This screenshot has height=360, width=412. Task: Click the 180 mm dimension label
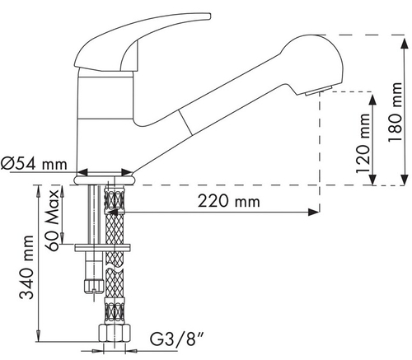pos(396,112)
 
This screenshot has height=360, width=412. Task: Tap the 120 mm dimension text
pos(363,143)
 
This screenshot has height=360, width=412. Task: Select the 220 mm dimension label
pos(229,201)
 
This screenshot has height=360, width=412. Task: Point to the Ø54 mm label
pos(34,164)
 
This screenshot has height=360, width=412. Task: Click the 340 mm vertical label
pos(26,267)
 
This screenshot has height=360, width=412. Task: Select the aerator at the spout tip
pos(319,91)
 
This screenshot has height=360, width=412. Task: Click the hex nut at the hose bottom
pos(115,334)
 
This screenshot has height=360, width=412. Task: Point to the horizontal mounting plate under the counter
pos(102,247)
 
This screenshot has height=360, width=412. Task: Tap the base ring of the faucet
pos(105,180)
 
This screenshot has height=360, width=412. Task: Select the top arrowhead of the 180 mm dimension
pos(405,44)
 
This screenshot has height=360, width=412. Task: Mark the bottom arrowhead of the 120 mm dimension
pos(372,179)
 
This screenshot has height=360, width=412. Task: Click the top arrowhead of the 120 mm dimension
pos(372,100)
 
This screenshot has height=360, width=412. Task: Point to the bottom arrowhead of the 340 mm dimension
pos(38,336)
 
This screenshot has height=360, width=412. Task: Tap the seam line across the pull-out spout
pos(185,122)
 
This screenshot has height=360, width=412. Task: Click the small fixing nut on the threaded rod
pos(94,286)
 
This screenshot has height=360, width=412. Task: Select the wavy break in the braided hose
pos(115,268)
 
